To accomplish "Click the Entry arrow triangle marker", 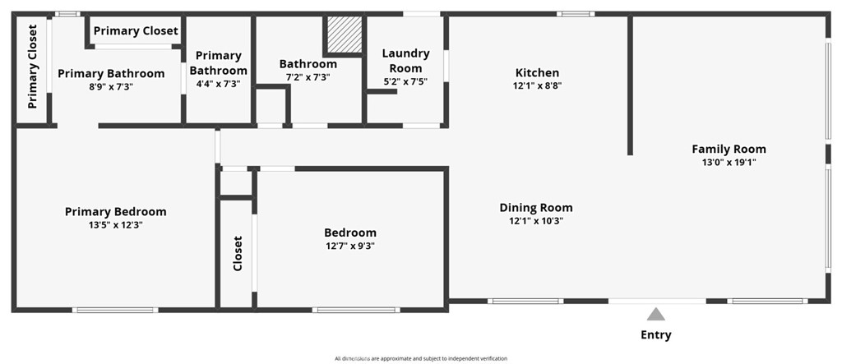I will pos(655,314).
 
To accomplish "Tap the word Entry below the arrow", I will pos(655,334).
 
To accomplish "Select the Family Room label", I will pos(729,149).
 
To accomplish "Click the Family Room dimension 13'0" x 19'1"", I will pos(729,163).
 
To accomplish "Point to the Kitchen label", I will pos(537,72).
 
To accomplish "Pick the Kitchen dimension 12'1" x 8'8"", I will pos(537,85).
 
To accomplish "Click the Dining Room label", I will pos(536,207).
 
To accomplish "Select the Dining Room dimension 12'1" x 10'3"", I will pos(536,220).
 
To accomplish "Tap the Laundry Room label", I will pos(405,61).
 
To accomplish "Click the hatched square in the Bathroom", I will pos(342,35).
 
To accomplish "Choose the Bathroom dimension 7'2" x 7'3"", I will pos(308,77).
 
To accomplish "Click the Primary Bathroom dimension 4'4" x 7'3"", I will pos(218,84).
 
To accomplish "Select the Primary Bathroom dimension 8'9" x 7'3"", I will pos(111,86).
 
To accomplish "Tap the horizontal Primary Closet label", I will pos(136,31).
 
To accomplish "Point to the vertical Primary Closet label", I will pos(33,67).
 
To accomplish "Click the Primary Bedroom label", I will pos(115,211).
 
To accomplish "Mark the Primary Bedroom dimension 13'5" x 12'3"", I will pos(115,224).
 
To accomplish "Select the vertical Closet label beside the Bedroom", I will pos(238,253).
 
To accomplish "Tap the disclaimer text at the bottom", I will pos(421,358).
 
